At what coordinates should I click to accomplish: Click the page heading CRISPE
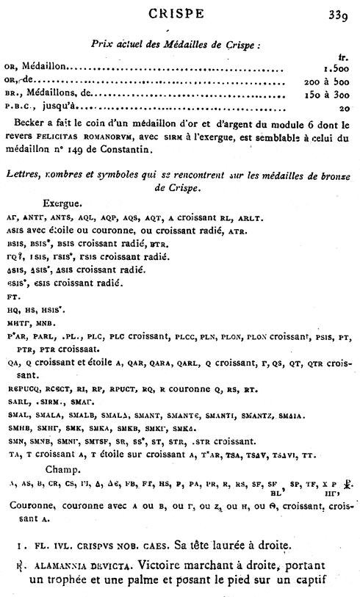[x=180, y=12]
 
